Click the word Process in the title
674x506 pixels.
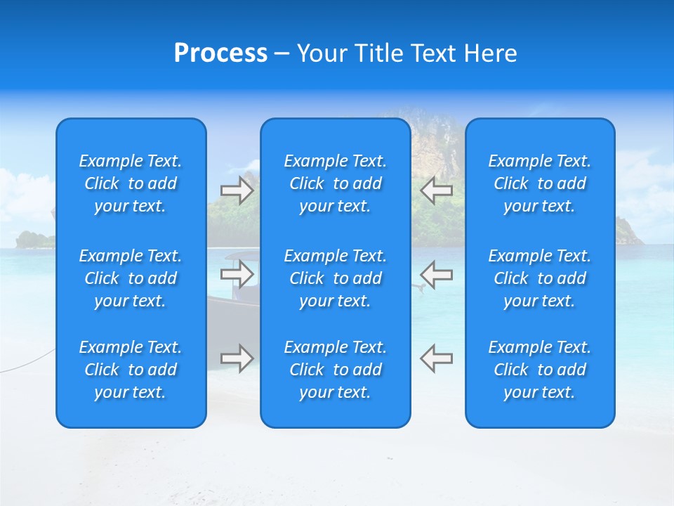pyautogui.click(x=220, y=53)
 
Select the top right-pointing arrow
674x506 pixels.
pyautogui.click(x=237, y=190)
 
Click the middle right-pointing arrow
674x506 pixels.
pyautogui.click(x=237, y=274)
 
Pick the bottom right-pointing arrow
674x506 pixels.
pyautogui.click(x=237, y=358)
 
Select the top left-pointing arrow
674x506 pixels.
pyautogui.click(x=437, y=190)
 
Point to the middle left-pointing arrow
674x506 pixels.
pyautogui.click(x=437, y=274)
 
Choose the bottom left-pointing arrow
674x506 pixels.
pyautogui.click(x=437, y=358)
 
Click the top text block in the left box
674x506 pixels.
pyautogui.click(x=131, y=183)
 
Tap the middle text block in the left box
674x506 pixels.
pyautogui.click(x=131, y=278)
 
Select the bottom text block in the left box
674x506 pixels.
pyautogui.click(x=131, y=370)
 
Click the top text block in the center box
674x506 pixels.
pyautogui.click(x=336, y=183)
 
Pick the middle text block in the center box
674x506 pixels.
pyautogui.click(x=336, y=278)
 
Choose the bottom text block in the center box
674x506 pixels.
pyautogui.click(x=336, y=370)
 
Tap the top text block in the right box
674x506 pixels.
pyautogui.click(x=540, y=183)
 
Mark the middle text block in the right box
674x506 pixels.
pyautogui.click(x=540, y=278)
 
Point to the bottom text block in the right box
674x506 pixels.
pyautogui.click(x=540, y=370)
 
